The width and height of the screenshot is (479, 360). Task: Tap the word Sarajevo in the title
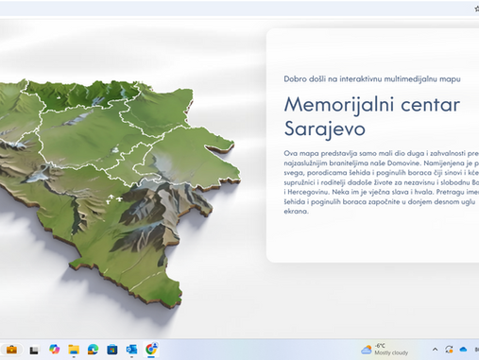point(324,128)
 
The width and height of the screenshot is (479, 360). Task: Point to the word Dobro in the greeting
point(297,77)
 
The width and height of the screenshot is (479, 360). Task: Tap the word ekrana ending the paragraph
point(296,211)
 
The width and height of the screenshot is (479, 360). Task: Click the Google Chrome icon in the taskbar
point(151,349)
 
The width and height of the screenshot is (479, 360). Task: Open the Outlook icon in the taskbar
point(132,349)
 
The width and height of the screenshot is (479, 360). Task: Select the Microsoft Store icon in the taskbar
point(112,349)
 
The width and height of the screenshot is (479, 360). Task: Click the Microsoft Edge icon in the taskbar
point(93,349)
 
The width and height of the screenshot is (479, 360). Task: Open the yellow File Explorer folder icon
point(73,349)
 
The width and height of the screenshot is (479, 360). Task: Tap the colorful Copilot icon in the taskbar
point(54,349)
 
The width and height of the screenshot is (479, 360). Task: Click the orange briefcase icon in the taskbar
point(12,349)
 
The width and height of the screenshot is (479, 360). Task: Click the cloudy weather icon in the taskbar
point(366,349)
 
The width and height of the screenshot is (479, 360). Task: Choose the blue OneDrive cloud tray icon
point(463,349)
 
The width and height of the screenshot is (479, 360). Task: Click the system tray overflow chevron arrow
point(436,349)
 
